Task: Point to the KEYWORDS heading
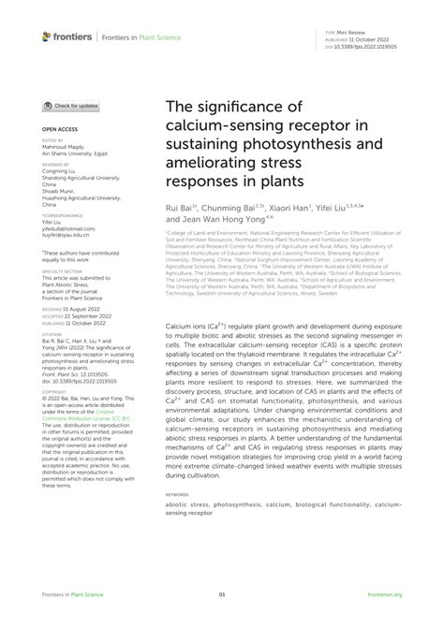(x=177, y=492)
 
